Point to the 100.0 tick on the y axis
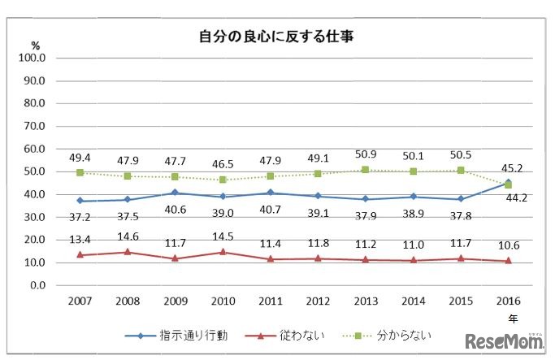coord(37,59)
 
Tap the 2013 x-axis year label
coord(367,300)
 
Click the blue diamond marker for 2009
coord(175,193)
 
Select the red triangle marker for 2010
coord(223,252)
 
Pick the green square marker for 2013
coord(367,170)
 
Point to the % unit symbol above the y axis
coord(35,46)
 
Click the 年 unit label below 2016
coord(511,318)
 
